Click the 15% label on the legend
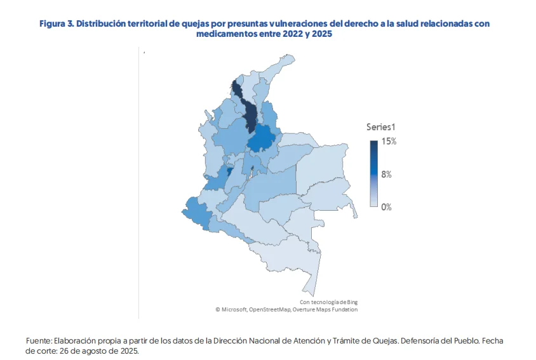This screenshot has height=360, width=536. pyautogui.click(x=389, y=142)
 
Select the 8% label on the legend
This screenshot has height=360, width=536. pyautogui.click(x=386, y=174)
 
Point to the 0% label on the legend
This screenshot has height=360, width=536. pyautogui.click(x=386, y=207)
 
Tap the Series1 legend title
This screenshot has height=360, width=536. pyautogui.click(x=381, y=127)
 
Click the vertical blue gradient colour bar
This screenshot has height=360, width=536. pyautogui.click(x=374, y=174)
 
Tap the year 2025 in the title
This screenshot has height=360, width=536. pyautogui.click(x=322, y=34)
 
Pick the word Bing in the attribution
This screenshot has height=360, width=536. pyautogui.click(x=359, y=302)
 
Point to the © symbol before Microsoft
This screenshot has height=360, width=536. pyautogui.click(x=217, y=309)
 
